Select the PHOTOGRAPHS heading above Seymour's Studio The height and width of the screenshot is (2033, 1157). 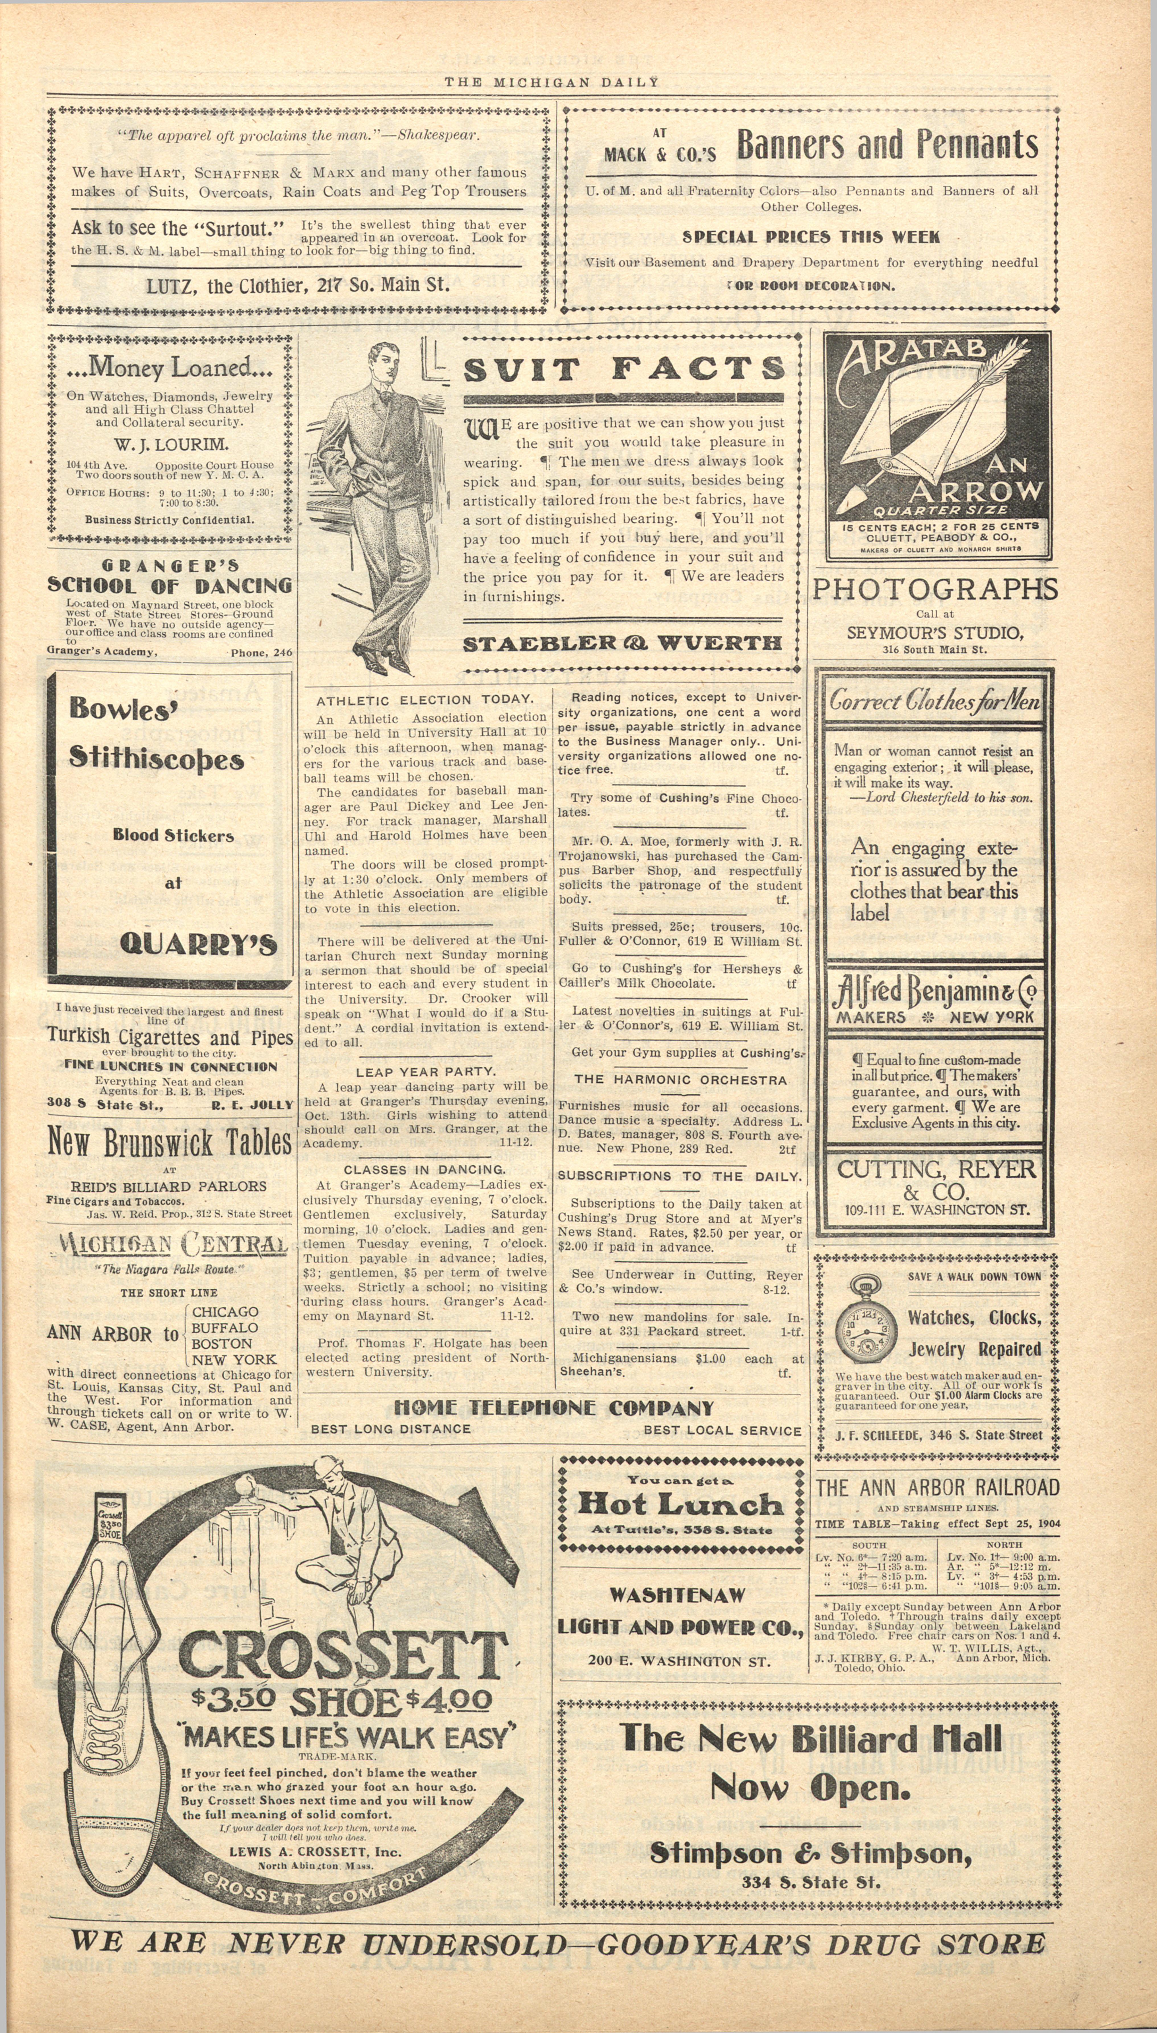click(935, 590)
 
